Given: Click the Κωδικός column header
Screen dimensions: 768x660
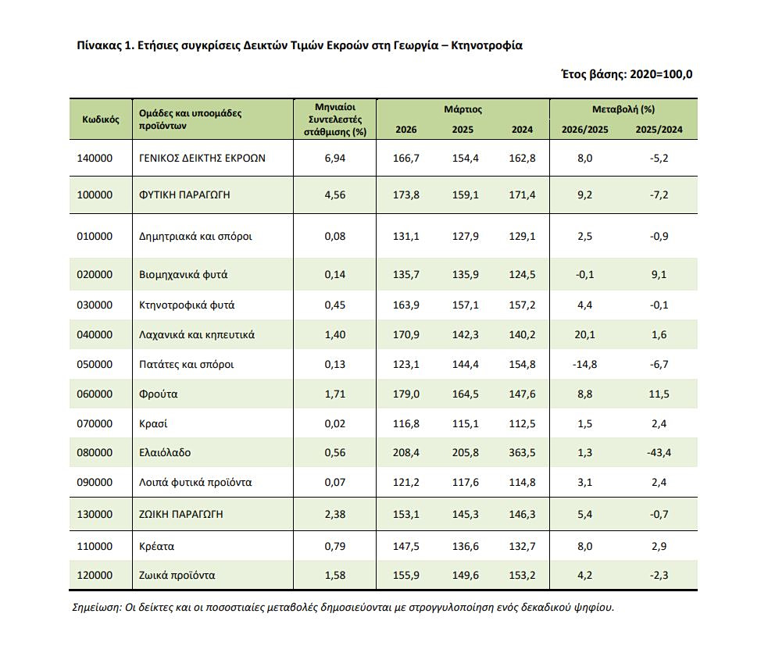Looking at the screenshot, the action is pos(101,120).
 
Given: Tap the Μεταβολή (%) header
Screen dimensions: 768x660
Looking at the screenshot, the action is pos(623,109).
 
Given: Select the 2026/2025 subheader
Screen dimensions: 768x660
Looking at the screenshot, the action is pos(585,130).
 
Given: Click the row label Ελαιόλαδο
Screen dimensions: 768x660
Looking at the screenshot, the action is pos(165,452).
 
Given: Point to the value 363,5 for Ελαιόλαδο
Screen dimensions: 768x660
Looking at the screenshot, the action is pos(522,452).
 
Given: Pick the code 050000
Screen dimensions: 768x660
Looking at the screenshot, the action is pos(95,364).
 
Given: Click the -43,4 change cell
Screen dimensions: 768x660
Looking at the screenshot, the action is pos(659,452).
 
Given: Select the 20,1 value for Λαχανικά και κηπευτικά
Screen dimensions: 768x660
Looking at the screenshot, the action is pos(585,335).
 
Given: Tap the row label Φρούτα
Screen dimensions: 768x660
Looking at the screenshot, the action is pos(158,394).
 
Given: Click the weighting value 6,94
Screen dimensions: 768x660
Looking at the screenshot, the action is pos(335,158).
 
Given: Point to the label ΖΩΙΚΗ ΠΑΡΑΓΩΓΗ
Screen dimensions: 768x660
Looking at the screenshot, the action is pos(181,514).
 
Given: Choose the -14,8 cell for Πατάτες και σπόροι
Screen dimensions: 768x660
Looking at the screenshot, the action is pos(585,364).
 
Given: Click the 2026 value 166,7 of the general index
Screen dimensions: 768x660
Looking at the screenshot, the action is pos(406,158).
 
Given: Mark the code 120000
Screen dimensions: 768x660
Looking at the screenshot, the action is pos(95,576).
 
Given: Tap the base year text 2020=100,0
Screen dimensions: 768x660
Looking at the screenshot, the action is pos(661,74).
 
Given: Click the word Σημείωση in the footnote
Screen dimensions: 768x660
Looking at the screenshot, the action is pos(97,608).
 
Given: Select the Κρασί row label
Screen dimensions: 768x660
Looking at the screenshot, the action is pos(153,423).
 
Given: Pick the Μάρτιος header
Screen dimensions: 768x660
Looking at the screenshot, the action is pos(463,109).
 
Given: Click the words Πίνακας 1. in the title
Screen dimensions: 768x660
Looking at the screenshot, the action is pos(105,45).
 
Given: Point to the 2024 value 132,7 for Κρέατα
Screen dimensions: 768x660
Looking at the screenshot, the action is pos(522,546).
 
